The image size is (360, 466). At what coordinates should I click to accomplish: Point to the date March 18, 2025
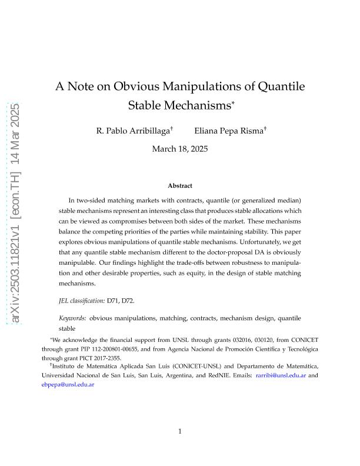tap(180, 149)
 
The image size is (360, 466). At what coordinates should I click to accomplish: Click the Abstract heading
tap(180, 186)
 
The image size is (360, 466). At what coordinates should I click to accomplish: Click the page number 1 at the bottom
tap(180, 431)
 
